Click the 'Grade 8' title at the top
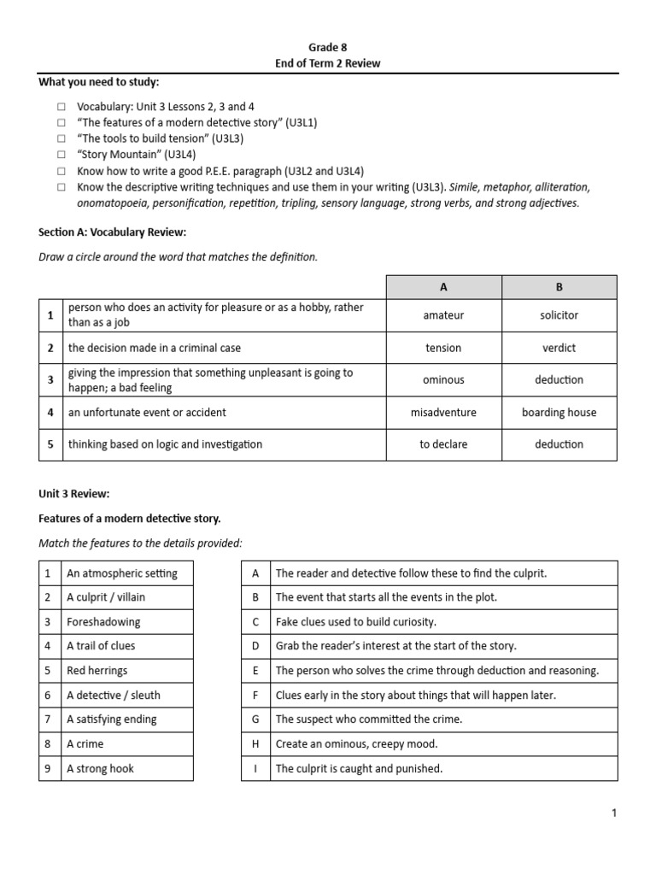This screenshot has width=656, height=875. point(327,48)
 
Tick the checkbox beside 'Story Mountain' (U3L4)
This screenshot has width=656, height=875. point(61,155)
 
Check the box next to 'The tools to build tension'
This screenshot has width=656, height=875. point(61,138)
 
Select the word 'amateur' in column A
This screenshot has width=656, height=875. point(443,315)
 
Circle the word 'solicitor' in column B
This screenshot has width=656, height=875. point(559,315)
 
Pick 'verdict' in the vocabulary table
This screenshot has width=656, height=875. point(559,348)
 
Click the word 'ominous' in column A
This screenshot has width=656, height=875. point(443,379)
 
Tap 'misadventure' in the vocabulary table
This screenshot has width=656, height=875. point(443,412)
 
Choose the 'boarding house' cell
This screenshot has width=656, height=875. point(559,412)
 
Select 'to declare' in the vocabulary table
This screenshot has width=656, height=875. point(443,444)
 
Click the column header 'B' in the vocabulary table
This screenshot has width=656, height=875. point(559,287)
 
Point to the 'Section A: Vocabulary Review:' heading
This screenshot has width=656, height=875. point(112,232)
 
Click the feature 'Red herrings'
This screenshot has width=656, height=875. point(97,671)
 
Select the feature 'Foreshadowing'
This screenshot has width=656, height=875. point(103,622)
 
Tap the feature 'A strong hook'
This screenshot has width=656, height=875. point(100,768)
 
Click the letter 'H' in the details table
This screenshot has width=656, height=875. point(255,744)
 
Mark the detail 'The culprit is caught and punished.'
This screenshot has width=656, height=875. point(359,768)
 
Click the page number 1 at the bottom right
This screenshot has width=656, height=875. point(613,813)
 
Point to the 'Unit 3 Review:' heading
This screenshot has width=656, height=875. point(74,494)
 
